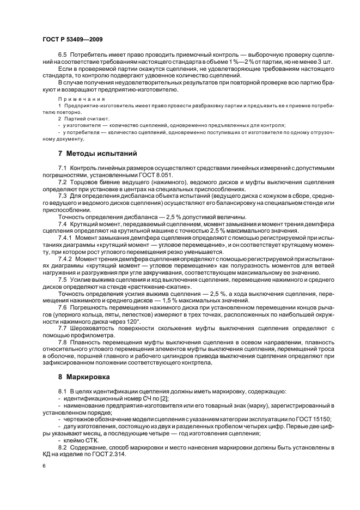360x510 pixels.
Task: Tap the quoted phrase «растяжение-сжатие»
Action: tap(166, 286)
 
